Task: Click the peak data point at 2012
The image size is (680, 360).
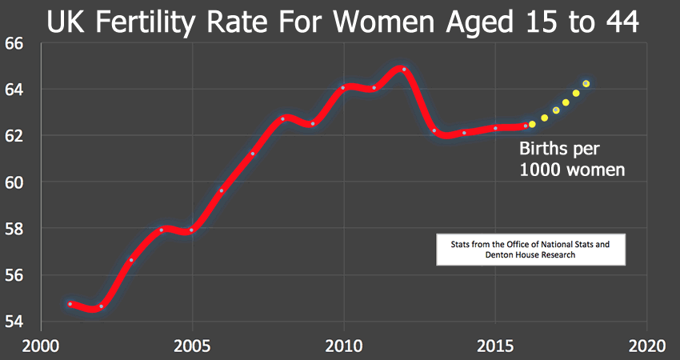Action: coord(404,70)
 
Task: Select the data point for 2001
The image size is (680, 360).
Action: coord(70,304)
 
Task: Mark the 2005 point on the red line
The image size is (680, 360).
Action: coord(191,230)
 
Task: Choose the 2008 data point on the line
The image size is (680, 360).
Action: coord(282,118)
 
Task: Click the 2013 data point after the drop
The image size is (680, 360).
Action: coord(434,130)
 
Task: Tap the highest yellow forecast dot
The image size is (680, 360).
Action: coord(586,84)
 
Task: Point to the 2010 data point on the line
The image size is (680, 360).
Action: coord(343,88)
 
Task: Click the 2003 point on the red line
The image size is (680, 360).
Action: coord(131,260)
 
